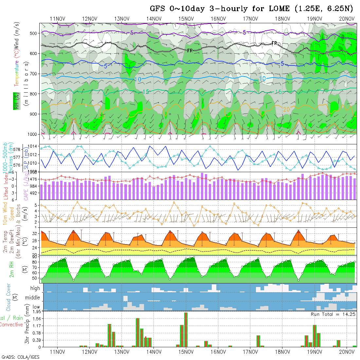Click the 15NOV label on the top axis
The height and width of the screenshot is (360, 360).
(186, 19)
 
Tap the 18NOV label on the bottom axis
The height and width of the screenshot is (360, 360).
(282, 352)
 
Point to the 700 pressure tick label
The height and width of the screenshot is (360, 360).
(34, 74)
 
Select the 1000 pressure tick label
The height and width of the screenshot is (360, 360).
(33, 134)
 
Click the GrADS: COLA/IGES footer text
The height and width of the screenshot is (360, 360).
(20, 357)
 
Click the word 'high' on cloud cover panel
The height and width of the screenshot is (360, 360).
(35, 288)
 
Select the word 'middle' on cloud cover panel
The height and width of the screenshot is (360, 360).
(33, 298)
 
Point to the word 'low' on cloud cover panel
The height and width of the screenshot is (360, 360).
(36, 307)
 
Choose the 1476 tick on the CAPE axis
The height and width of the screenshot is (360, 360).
(35, 179)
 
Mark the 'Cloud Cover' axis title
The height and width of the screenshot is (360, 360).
(9, 297)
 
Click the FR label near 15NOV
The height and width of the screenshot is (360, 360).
(190, 50)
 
